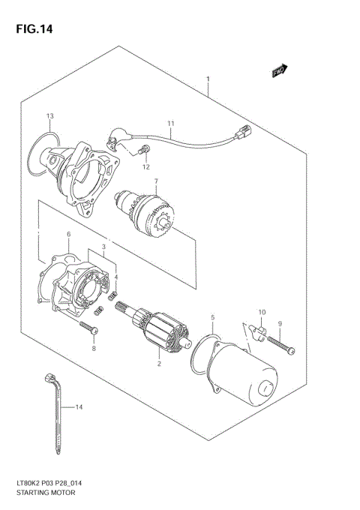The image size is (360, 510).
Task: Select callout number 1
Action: [x=208, y=79]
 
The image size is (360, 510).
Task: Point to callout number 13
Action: [x=49, y=116]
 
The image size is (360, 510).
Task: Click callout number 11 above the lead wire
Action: [x=170, y=123]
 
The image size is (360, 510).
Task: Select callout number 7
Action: [x=156, y=181]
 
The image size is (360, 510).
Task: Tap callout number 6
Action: [x=68, y=235]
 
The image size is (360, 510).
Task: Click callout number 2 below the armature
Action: [x=159, y=364]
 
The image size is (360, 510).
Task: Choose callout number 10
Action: [x=262, y=312]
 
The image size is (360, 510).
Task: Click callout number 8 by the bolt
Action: [x=94, y=348]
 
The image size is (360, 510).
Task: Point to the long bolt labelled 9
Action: [x=279, y=344]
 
